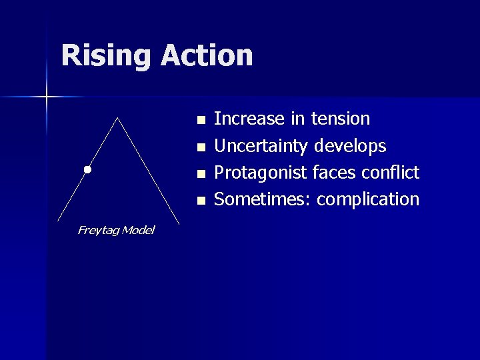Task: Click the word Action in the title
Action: tap(207, 56)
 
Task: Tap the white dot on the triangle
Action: tap(87, 170)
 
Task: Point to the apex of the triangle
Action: tap(118, 118)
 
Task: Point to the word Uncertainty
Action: tap(261, 146)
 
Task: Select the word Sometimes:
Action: tap(263, 199)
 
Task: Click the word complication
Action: tap(368, 199)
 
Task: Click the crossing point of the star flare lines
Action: tap(47, 97)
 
